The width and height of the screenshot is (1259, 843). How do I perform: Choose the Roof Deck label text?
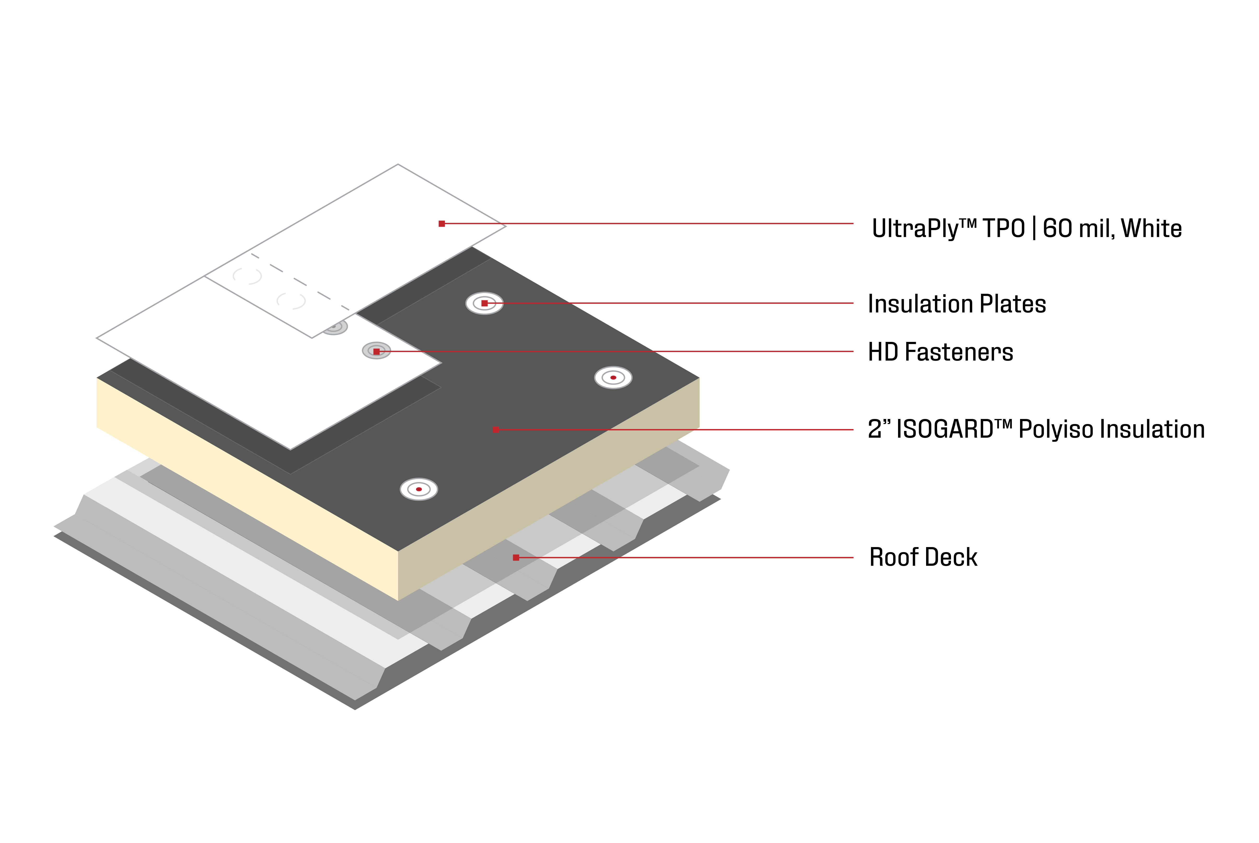click(x=923, y=558)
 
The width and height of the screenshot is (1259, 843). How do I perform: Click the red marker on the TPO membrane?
click(x=442, y=224)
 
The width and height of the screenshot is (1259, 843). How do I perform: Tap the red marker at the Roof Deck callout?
click(x=516, y=558)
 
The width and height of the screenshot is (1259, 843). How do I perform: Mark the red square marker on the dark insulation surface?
click(x=496, y=430)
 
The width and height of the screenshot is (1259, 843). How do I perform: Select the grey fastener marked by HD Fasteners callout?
click(x=376, y=351)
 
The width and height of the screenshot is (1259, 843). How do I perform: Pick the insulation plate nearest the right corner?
click(x=613, y=377)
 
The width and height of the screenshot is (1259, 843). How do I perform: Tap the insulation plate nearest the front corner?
click(x=419, y=489)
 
